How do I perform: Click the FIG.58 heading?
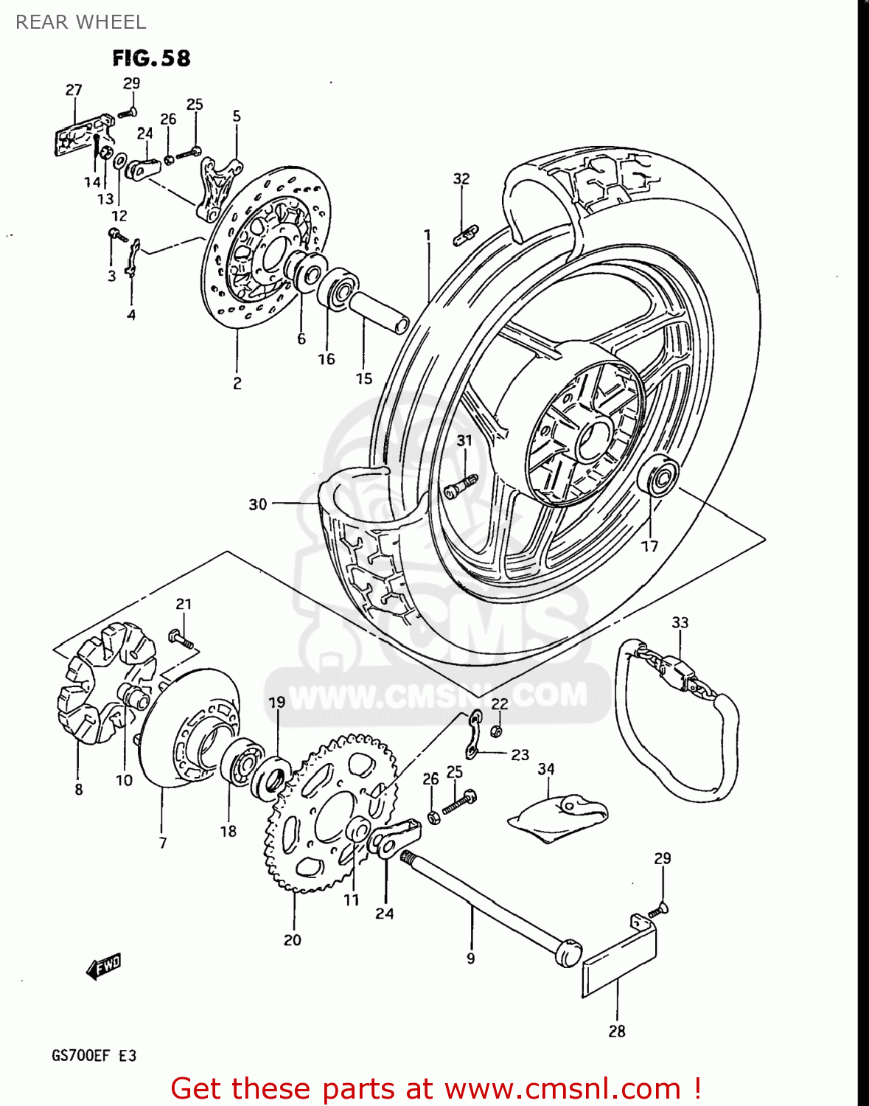click(x=151, y=58)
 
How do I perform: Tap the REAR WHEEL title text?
click(x=80, y=22)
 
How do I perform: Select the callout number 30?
click(x=257, y=504)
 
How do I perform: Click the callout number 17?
click(x=649, y=546)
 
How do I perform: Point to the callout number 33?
click(x=680, y=622)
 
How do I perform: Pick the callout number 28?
click(x=617, y=1031)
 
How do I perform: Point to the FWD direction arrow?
click(x=103, y=966)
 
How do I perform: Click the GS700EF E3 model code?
click(x=94, y=1056)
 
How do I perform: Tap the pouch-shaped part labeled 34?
click(x=558, y=817)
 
